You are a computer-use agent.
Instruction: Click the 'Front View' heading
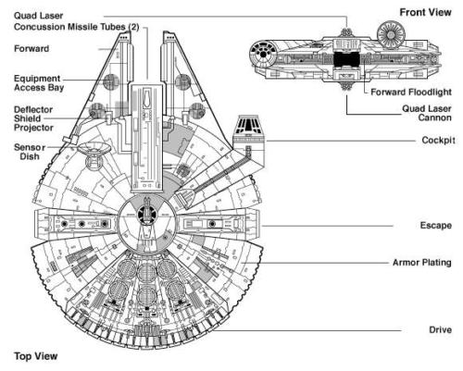tap(425, 12)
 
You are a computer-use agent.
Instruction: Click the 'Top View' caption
tap(31, 354)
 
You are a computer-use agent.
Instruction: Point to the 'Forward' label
tap(31, 48)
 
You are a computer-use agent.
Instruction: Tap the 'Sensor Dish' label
tap(27, 152)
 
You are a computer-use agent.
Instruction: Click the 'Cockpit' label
tap(431, 141)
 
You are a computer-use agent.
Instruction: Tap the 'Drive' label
tap(437, 329)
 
